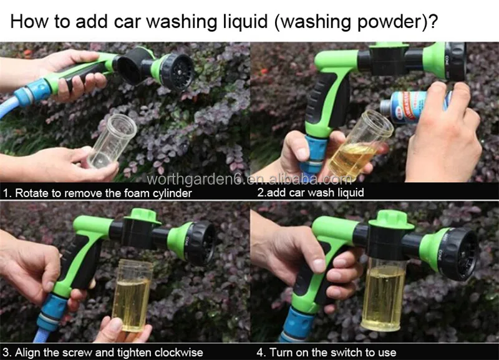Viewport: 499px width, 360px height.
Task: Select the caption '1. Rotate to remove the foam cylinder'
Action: pyautogui.click(x=96, y=193)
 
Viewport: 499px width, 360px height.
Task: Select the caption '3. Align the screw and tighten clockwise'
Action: pyautogui.click(x=103, y=353)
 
